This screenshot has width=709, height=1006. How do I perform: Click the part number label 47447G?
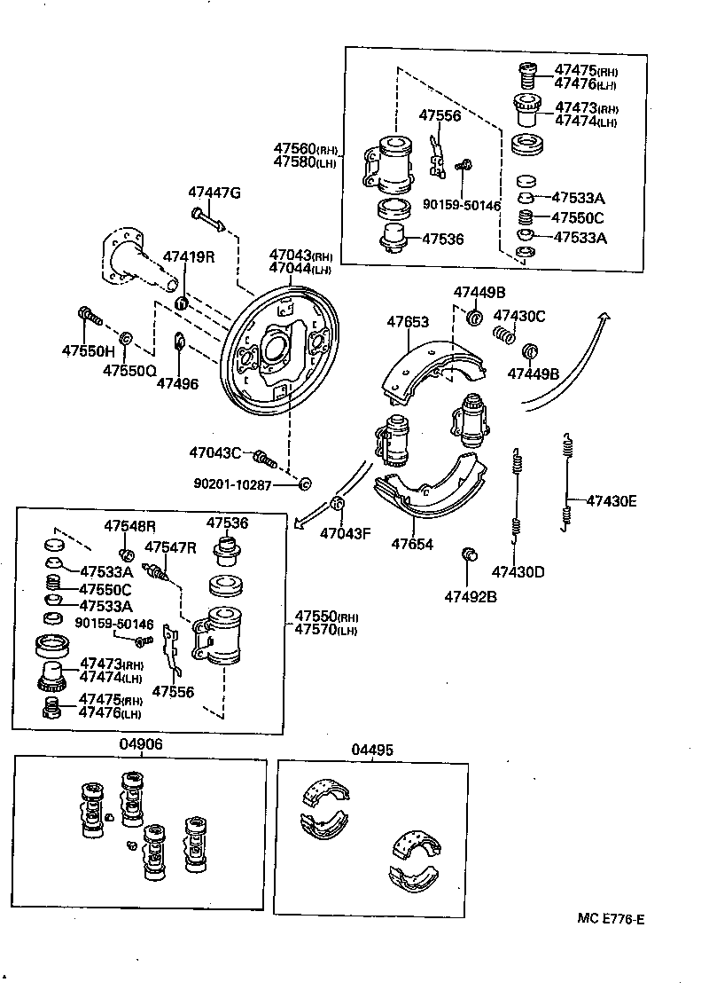pos(214,193)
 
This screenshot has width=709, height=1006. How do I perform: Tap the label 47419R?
pos(188,257)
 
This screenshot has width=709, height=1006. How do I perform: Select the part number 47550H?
pos(89,350)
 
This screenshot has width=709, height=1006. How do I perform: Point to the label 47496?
pos(177,383)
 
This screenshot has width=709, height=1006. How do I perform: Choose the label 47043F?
pos(345,533)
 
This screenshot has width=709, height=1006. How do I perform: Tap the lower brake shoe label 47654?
pos(413,544)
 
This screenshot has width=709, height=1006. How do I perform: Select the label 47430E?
pos(611,500)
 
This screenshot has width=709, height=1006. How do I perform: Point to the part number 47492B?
pos(471,596)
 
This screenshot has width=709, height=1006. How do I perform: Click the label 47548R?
pos(129,526)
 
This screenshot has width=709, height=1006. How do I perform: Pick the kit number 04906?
pos(141,745)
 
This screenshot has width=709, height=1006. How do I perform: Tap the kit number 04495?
pos(371,751)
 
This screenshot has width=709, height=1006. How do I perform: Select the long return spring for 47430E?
pos(565,483)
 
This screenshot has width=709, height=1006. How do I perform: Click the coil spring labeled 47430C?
pos(504,336)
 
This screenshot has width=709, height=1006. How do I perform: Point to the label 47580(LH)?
pos(306,162)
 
